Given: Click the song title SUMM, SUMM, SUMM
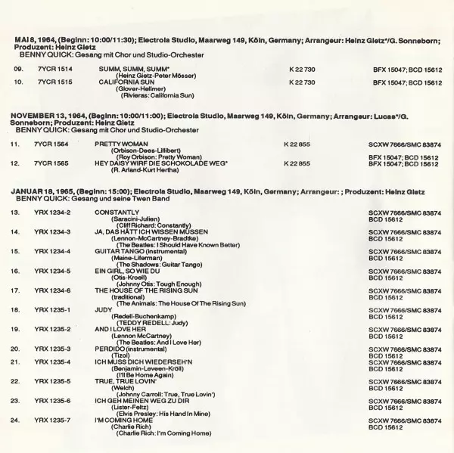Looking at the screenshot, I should pos(123,69).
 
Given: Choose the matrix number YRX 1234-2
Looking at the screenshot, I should pos(53,213).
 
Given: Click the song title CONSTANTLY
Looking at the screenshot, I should pos(117,213).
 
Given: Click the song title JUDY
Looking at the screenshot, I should pos(104,309).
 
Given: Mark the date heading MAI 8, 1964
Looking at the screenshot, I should pos(41,39).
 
